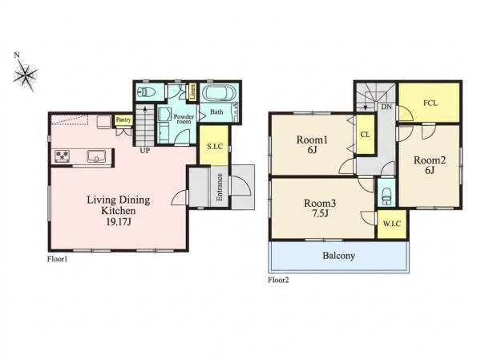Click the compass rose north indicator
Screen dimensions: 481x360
click(17, 55)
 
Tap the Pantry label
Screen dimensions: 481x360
click(123, 119)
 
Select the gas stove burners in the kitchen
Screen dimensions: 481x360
click(63, 156)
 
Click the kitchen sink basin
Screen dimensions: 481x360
click(97, 156)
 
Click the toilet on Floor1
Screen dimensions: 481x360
click(145, 91)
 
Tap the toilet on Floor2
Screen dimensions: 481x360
click(386, 196)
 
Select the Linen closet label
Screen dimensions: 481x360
click(193, 91)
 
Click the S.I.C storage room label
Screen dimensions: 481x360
click(214, 147)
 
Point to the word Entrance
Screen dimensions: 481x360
click(220, 187)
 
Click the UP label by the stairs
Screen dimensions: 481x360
click(145, 151)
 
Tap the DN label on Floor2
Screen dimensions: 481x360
click(386, 107)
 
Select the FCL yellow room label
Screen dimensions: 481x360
click(430, 103)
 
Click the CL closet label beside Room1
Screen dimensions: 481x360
click(365, 135)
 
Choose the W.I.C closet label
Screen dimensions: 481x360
click(392, 224)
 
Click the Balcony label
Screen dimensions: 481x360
click(338, 256)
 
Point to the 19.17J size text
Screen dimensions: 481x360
click(119, 222)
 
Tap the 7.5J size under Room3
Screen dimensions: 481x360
click(320, 213)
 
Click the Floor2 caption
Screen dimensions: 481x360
click(278, 280)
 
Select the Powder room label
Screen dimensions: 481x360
click(184, 119)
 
